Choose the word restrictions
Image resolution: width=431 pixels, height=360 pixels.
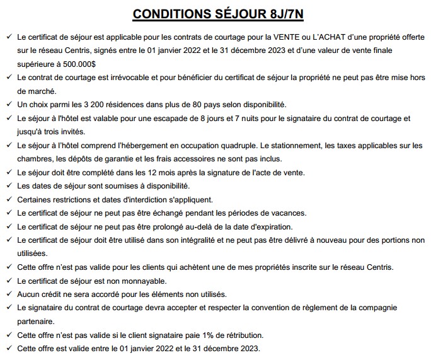pos(60,199)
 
